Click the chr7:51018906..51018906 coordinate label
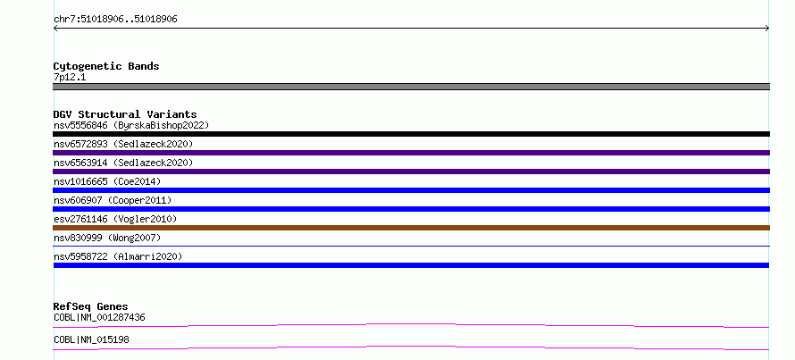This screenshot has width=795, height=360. point(115,20)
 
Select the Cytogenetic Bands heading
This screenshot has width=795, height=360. point(106,66)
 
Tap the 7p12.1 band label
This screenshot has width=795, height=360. point(70,78)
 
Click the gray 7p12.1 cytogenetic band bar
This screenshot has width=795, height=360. point(411,87)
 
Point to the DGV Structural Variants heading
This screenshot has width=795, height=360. point(125,114)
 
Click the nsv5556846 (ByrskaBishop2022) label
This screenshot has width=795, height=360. point(131,125)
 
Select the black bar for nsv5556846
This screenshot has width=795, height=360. point(411,134)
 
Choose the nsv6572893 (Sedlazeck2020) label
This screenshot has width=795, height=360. point(123,144)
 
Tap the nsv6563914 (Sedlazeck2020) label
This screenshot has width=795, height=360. point(123,163)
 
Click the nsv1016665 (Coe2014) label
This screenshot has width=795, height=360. point(107,181)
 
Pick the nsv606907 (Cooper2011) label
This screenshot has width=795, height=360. point(113,200)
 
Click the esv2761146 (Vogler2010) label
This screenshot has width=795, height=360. point(115,219)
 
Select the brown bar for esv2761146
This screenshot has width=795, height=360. point(411,228)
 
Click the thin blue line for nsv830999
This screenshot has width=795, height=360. point(411,246)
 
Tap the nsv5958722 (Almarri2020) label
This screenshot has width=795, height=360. point(118,256)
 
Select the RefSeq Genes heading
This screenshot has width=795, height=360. point(91,306)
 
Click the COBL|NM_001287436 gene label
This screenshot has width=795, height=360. point(99,318)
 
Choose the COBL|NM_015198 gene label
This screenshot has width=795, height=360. point(91,339)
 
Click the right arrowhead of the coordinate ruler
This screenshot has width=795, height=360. point(767,29)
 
